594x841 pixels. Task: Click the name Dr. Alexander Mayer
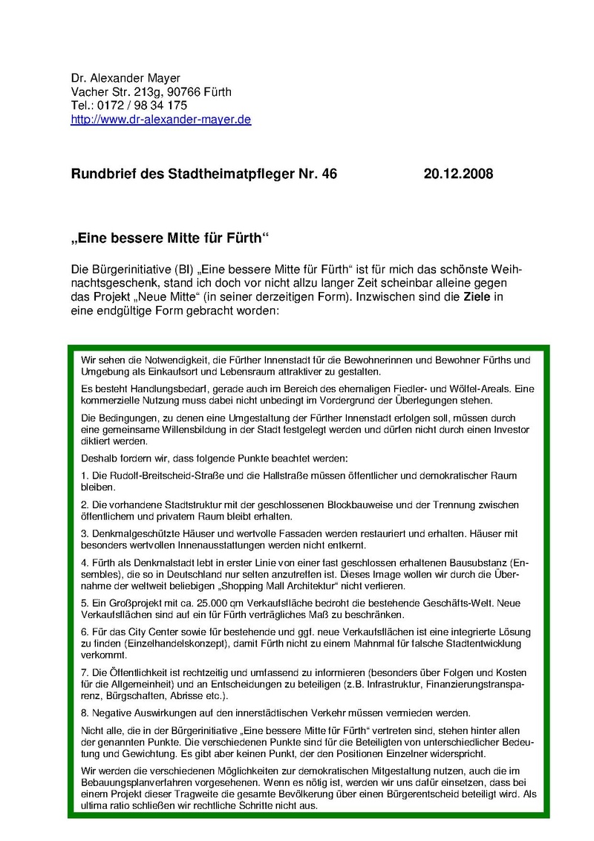click(125, 79)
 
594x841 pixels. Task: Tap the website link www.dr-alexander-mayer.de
click(160, 119)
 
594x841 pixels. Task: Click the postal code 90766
click(182, 92)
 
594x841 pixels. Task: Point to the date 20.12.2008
click(458, 175)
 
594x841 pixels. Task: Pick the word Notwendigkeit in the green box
click(172, 360)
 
